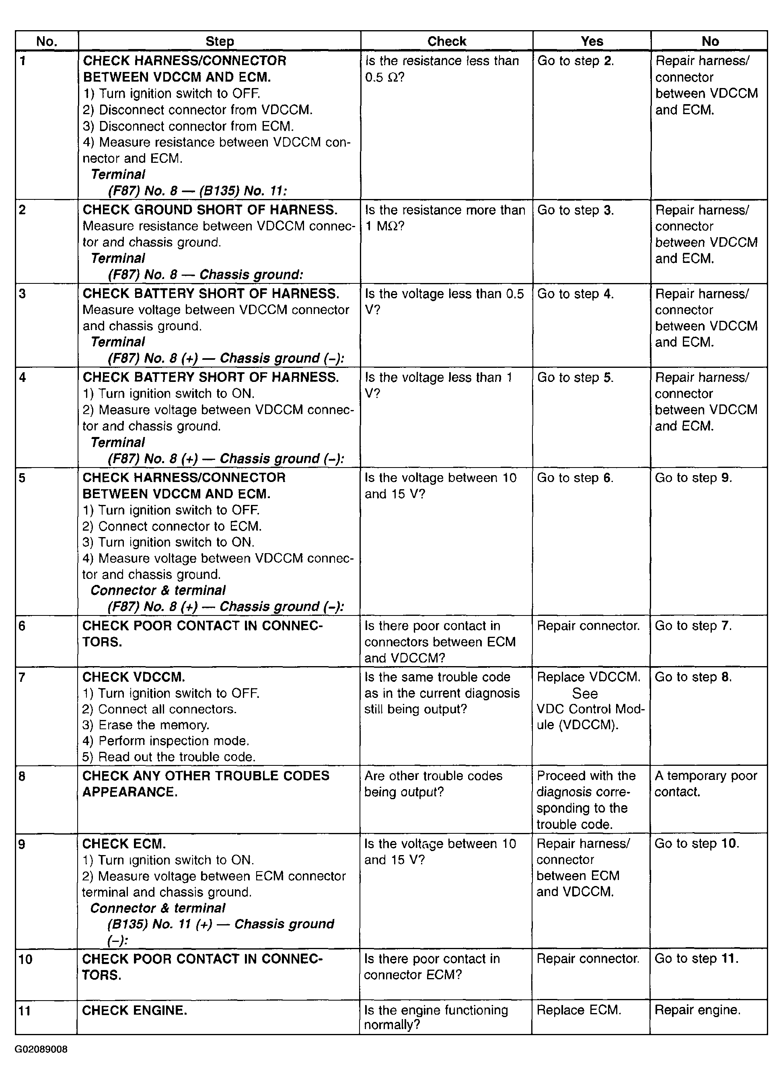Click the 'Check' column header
tap(446, 41)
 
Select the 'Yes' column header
tap(592, 41)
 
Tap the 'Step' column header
tap(219, 41)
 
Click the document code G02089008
tap(41, 1049)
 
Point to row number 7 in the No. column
tap(22, 677)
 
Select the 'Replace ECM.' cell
tap(579, 1010)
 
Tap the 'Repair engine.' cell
tap(697, 1010)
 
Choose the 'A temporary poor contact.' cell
tap(705, 784)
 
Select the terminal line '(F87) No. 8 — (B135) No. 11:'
tap(197, 191)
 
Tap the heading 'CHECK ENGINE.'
tap(134, 1010)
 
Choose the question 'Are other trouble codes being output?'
tap(433, 784)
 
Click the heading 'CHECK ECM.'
tap(124, 844)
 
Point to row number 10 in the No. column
tap(25, 959)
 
